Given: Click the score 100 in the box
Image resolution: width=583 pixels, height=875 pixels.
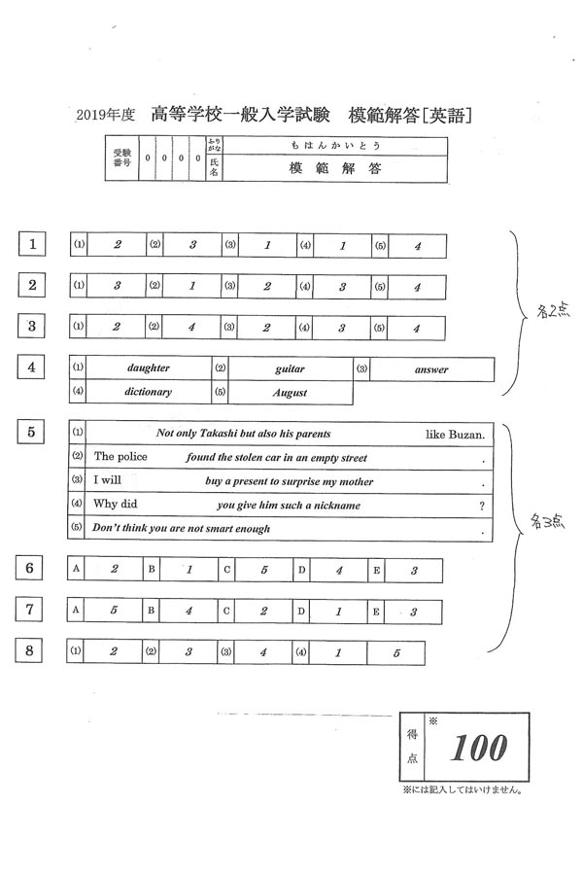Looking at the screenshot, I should tap(480, 748).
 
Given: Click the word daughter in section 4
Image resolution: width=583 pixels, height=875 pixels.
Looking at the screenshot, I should tap(149, 368).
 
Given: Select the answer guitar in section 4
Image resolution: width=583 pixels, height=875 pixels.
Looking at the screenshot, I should tap(290, 369).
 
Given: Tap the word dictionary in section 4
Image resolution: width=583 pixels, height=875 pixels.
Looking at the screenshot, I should tap(149, 392).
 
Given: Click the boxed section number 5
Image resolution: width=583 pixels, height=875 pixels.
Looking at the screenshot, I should tap(34, 434).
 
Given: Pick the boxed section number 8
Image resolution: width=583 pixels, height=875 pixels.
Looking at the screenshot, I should tap(34, 651).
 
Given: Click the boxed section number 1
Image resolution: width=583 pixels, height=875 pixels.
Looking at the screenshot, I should tap(34, 245).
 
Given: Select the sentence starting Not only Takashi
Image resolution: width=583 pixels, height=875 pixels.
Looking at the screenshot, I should tap(244, 433).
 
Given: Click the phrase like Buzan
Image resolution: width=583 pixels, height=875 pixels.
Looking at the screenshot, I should tap(455, 434).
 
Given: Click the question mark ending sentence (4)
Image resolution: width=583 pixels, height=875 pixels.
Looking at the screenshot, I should tap(482, 505).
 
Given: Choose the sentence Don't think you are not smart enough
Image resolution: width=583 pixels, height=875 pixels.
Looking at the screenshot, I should tap(181, 528).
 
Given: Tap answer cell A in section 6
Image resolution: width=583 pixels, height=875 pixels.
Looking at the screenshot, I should tap(114, 571).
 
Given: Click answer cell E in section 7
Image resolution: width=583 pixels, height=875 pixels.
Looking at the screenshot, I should tap(413, 612).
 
